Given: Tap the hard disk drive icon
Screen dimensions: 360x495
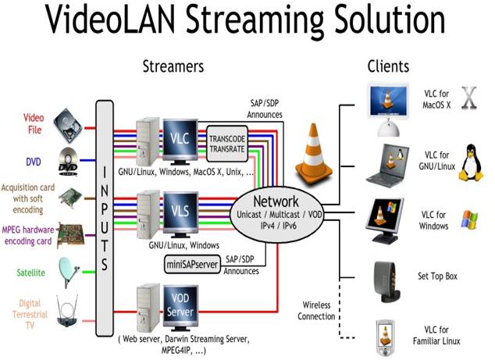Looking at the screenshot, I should (x=69, y=125).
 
